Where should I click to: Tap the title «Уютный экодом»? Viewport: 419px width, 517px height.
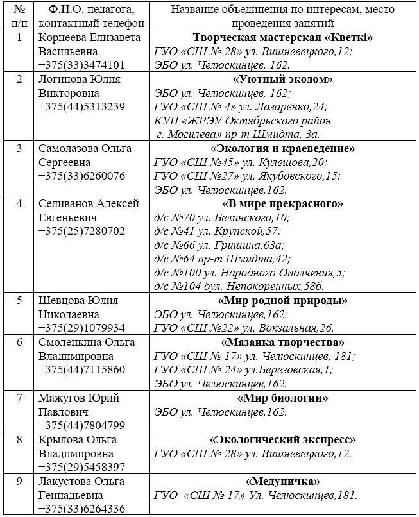click(283, 80)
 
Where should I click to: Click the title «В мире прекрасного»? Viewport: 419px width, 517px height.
click(283, 204)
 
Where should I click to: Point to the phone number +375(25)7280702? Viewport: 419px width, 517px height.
click(81, 231)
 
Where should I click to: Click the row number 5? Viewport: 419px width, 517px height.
click(19, 300)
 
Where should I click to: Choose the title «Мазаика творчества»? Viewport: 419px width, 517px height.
click(283, 342)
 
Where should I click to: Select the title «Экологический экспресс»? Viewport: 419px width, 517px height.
click(283, 440)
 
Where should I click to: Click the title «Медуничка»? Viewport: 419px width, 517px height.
click(283, 481)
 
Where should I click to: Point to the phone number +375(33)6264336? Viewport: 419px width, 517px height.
click(81, 509)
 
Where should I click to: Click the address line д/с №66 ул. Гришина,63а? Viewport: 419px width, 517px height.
click(219, 245)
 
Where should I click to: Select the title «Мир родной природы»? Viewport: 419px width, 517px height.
click(283, 300)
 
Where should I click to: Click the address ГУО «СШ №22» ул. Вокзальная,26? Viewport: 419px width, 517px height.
click(244, 328)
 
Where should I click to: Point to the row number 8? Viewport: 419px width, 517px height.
click(19, 440)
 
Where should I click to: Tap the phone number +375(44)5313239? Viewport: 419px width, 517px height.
click(81, 106)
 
